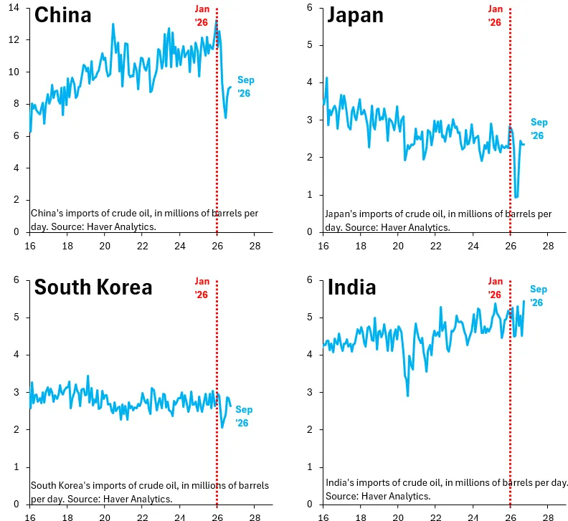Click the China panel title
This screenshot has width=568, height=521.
tap(62, 15)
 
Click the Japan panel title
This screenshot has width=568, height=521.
tap(355, 16)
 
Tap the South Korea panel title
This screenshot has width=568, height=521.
tap(93, 287)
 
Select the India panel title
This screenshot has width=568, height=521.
tap(351, 287)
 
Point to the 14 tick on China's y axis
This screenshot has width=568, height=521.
tap(14, 7)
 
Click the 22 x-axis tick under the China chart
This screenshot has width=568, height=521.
tap(143, 247)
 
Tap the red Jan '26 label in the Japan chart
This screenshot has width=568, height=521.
tap(495, 16)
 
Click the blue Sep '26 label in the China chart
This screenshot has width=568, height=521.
tap(245, 87)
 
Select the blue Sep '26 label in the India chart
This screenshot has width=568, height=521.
tap(539, 296)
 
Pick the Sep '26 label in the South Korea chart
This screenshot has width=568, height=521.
tap(244, 416)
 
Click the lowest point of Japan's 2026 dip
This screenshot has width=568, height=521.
tap(516, 197)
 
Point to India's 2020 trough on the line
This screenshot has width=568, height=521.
tap(408, 396)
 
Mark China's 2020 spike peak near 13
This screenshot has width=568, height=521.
tap(113, 24)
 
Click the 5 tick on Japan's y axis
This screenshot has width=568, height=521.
tap(309, 45)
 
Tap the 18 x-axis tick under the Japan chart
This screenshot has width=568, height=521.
tap(361, 247)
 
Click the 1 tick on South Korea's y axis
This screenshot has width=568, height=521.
tap(16, 467)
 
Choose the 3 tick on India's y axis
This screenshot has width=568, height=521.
tap(309, 392)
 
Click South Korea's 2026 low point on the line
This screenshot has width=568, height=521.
tap(222, 428)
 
